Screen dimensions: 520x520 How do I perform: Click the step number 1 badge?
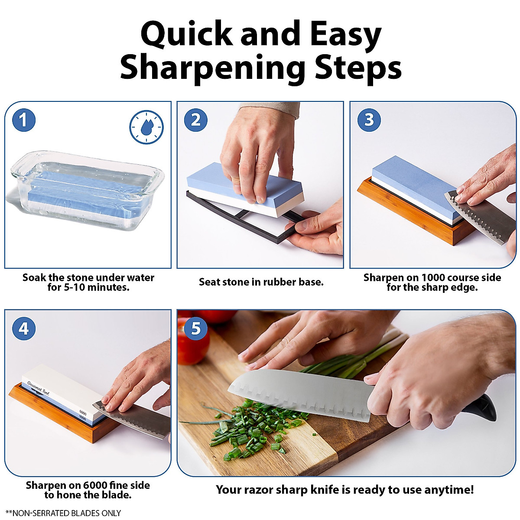(23, 120)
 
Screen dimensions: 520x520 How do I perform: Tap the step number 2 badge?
(195, 120)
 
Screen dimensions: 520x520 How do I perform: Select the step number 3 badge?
(369, 120)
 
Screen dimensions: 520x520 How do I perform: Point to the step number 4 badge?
(23, 328)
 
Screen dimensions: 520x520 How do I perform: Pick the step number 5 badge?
(195, 328)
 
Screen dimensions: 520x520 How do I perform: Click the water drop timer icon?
(146, 127)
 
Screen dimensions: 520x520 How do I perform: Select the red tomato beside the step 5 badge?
(193, 347)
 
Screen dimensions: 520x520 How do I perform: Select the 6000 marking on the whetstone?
(83, 413)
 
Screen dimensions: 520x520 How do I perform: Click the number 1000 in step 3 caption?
(433, 278)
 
